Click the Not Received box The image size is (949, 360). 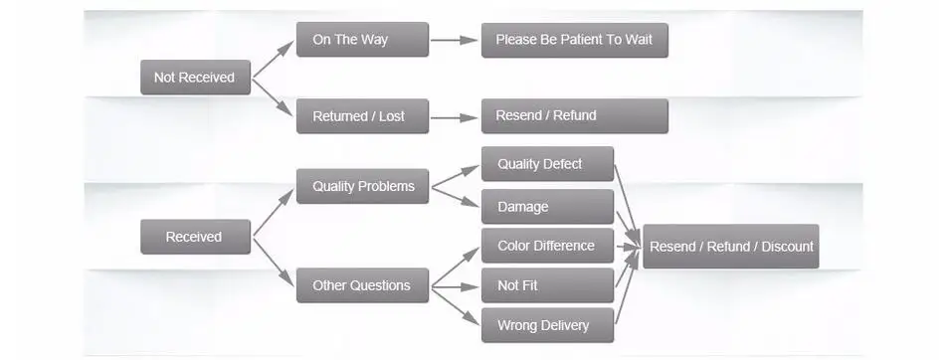(195, 78)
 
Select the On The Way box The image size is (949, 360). (362, 40)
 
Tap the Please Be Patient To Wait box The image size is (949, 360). (574, 40)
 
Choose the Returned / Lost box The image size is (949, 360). (362, 116)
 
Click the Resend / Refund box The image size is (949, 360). (574, 115)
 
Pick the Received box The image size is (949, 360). (195, 237)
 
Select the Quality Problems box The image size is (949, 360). (362, 186)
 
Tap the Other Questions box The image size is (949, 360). (362, 285)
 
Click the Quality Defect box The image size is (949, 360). (547, 164)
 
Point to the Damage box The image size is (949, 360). (547, 207)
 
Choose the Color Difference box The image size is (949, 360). (547, 246)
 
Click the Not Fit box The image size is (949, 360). (547, 285)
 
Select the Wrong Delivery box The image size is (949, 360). (547, 325)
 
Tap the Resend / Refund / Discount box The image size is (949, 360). (730, 246)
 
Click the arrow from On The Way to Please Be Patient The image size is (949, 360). (455, 41)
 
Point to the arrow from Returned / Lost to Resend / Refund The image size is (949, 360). (455, 116)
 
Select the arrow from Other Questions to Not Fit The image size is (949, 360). (455, 286)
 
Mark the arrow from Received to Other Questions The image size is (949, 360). (274, 261)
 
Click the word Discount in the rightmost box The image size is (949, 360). (787, 246)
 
